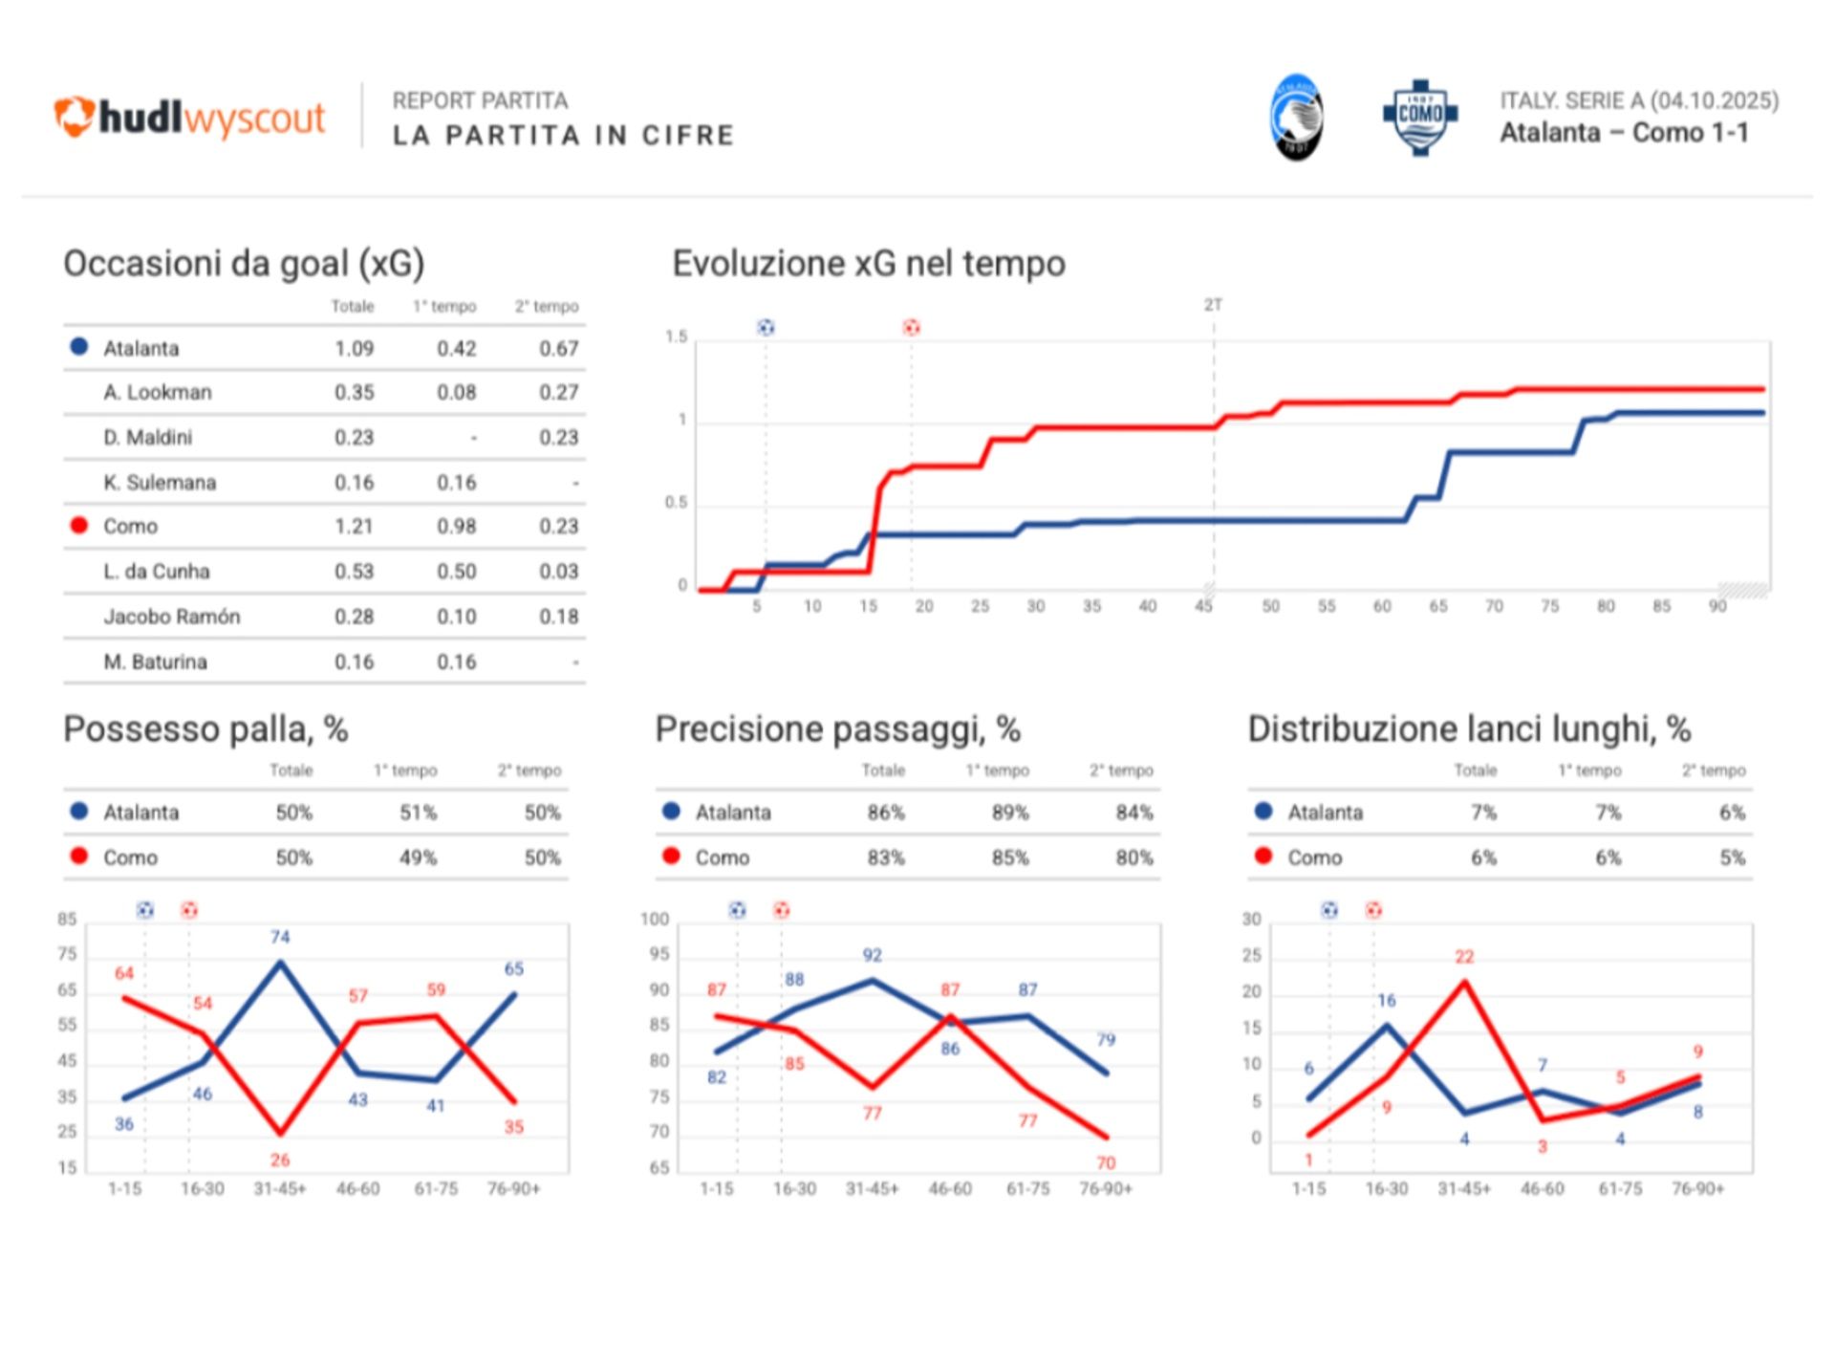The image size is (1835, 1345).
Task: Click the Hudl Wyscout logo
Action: tap(189, 118)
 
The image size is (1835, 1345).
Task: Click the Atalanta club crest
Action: tap(1296, 117)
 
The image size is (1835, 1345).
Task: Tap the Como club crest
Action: tap(1420, 117)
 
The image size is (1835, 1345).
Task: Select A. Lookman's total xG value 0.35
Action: tap(354, 393)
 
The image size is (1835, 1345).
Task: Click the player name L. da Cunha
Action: tap(157, 572)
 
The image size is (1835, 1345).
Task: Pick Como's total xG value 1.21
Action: tap(354, 527)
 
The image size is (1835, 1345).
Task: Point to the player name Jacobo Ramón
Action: tap(172, 617)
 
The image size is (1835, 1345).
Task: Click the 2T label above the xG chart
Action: tap(1213, 305)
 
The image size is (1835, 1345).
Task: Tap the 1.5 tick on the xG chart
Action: tap(676, 336)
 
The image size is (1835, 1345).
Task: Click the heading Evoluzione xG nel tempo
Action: tap(869, 264)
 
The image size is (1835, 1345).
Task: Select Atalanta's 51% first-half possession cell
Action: tap(418, 813)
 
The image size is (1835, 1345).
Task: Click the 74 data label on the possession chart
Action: tap(280, 937)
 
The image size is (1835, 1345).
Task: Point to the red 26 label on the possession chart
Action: tap(280, 1161)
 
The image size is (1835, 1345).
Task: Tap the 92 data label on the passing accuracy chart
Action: tap(873, 955)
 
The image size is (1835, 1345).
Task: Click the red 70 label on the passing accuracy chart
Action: tap(1106, 1163)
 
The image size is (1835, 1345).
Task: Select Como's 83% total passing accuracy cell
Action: tap(886, 857)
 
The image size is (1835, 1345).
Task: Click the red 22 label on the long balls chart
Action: tap(1464, 957)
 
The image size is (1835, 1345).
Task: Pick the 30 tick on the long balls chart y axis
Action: tap(1251, 920)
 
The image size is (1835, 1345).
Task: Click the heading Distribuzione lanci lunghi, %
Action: tap(1469, 729)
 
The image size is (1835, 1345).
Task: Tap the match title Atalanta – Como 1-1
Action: tap(1624, 133)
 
